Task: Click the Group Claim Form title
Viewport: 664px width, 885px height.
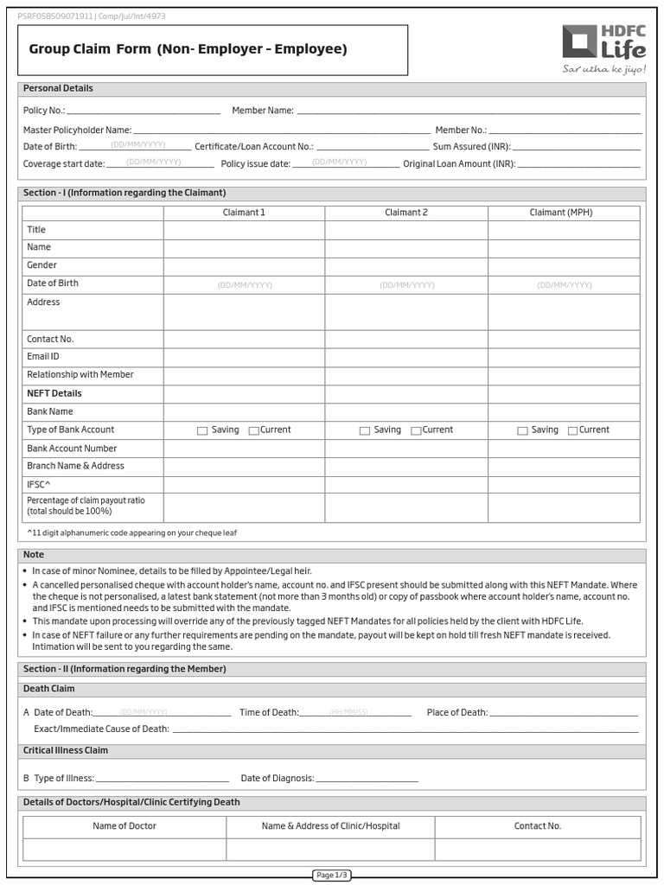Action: point(188,49)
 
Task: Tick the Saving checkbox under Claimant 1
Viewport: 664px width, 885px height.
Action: point(202,430)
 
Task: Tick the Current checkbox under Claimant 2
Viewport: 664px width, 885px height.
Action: point(416,430)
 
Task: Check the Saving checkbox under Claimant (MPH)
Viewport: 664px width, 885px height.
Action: point(522,430)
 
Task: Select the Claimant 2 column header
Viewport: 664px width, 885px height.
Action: point(406,213)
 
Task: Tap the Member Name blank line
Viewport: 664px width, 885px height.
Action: point(468,111)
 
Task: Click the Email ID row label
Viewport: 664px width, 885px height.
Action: point(43,356)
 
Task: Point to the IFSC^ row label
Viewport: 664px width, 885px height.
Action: point(39,485)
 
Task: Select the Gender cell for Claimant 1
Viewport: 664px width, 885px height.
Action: point(244,266)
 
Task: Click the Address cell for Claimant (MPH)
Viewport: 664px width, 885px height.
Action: point(564,312)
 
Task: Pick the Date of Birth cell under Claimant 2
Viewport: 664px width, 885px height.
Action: point(406,284)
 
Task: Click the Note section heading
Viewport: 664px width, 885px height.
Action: point(34,555)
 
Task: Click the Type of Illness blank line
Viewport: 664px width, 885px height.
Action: point(163,778)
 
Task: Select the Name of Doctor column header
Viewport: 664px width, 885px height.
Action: point(124,826)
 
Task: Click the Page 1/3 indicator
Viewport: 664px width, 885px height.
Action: point(332,875)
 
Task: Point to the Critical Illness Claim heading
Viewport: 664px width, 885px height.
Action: point(66,751)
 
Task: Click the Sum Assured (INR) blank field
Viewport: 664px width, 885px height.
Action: point(578,147)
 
